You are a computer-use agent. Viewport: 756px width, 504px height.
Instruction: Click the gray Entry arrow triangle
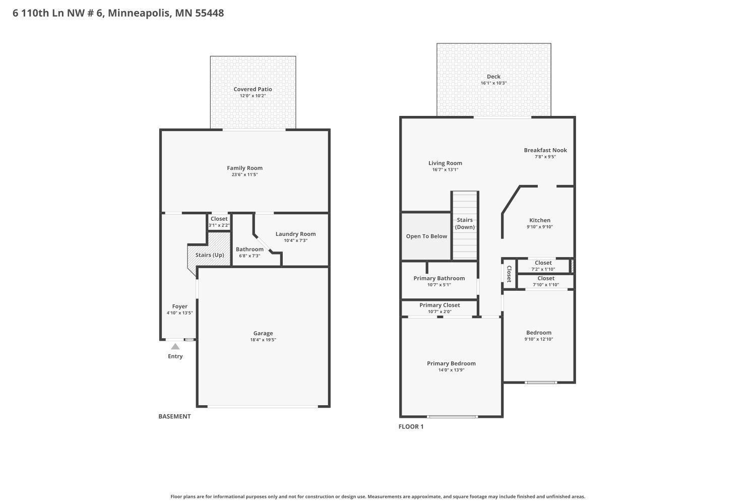tap(175, 347)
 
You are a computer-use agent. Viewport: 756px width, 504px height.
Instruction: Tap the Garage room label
tap(263, 333)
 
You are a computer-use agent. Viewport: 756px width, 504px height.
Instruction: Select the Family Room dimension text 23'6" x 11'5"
tap(244, 175)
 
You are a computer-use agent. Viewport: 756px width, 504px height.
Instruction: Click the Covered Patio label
tap(253, 89)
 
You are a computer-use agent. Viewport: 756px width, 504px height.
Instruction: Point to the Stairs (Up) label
tap(210, 255)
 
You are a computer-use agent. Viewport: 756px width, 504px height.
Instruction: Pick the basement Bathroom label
tap(249, 249)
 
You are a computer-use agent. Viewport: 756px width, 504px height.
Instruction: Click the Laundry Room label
tap(295, 234)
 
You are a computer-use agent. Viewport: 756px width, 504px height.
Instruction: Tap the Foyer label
tap(180, 306)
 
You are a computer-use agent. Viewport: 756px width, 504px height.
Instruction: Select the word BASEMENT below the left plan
tap(174, 416)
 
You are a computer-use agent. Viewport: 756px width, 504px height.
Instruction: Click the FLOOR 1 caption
tap(411, 426)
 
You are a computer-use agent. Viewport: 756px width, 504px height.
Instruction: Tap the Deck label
tap(493, 77)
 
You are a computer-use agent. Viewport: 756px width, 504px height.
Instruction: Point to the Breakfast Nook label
tap(545, 150)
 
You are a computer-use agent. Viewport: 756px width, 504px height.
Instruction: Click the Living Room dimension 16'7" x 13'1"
tap(445, 170)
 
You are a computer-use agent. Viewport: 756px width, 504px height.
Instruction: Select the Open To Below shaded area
tap(426, 236)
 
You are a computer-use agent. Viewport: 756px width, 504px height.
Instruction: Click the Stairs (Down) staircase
tap(465, 225)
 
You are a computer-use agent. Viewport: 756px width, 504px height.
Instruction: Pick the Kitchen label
tap(540, 220)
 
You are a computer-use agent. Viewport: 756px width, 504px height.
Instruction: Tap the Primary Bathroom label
tap(439, 278)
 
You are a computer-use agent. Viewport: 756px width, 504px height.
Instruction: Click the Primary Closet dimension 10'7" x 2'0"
tap(439, 311)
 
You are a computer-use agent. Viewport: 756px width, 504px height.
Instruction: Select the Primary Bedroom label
tap(451, 363)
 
